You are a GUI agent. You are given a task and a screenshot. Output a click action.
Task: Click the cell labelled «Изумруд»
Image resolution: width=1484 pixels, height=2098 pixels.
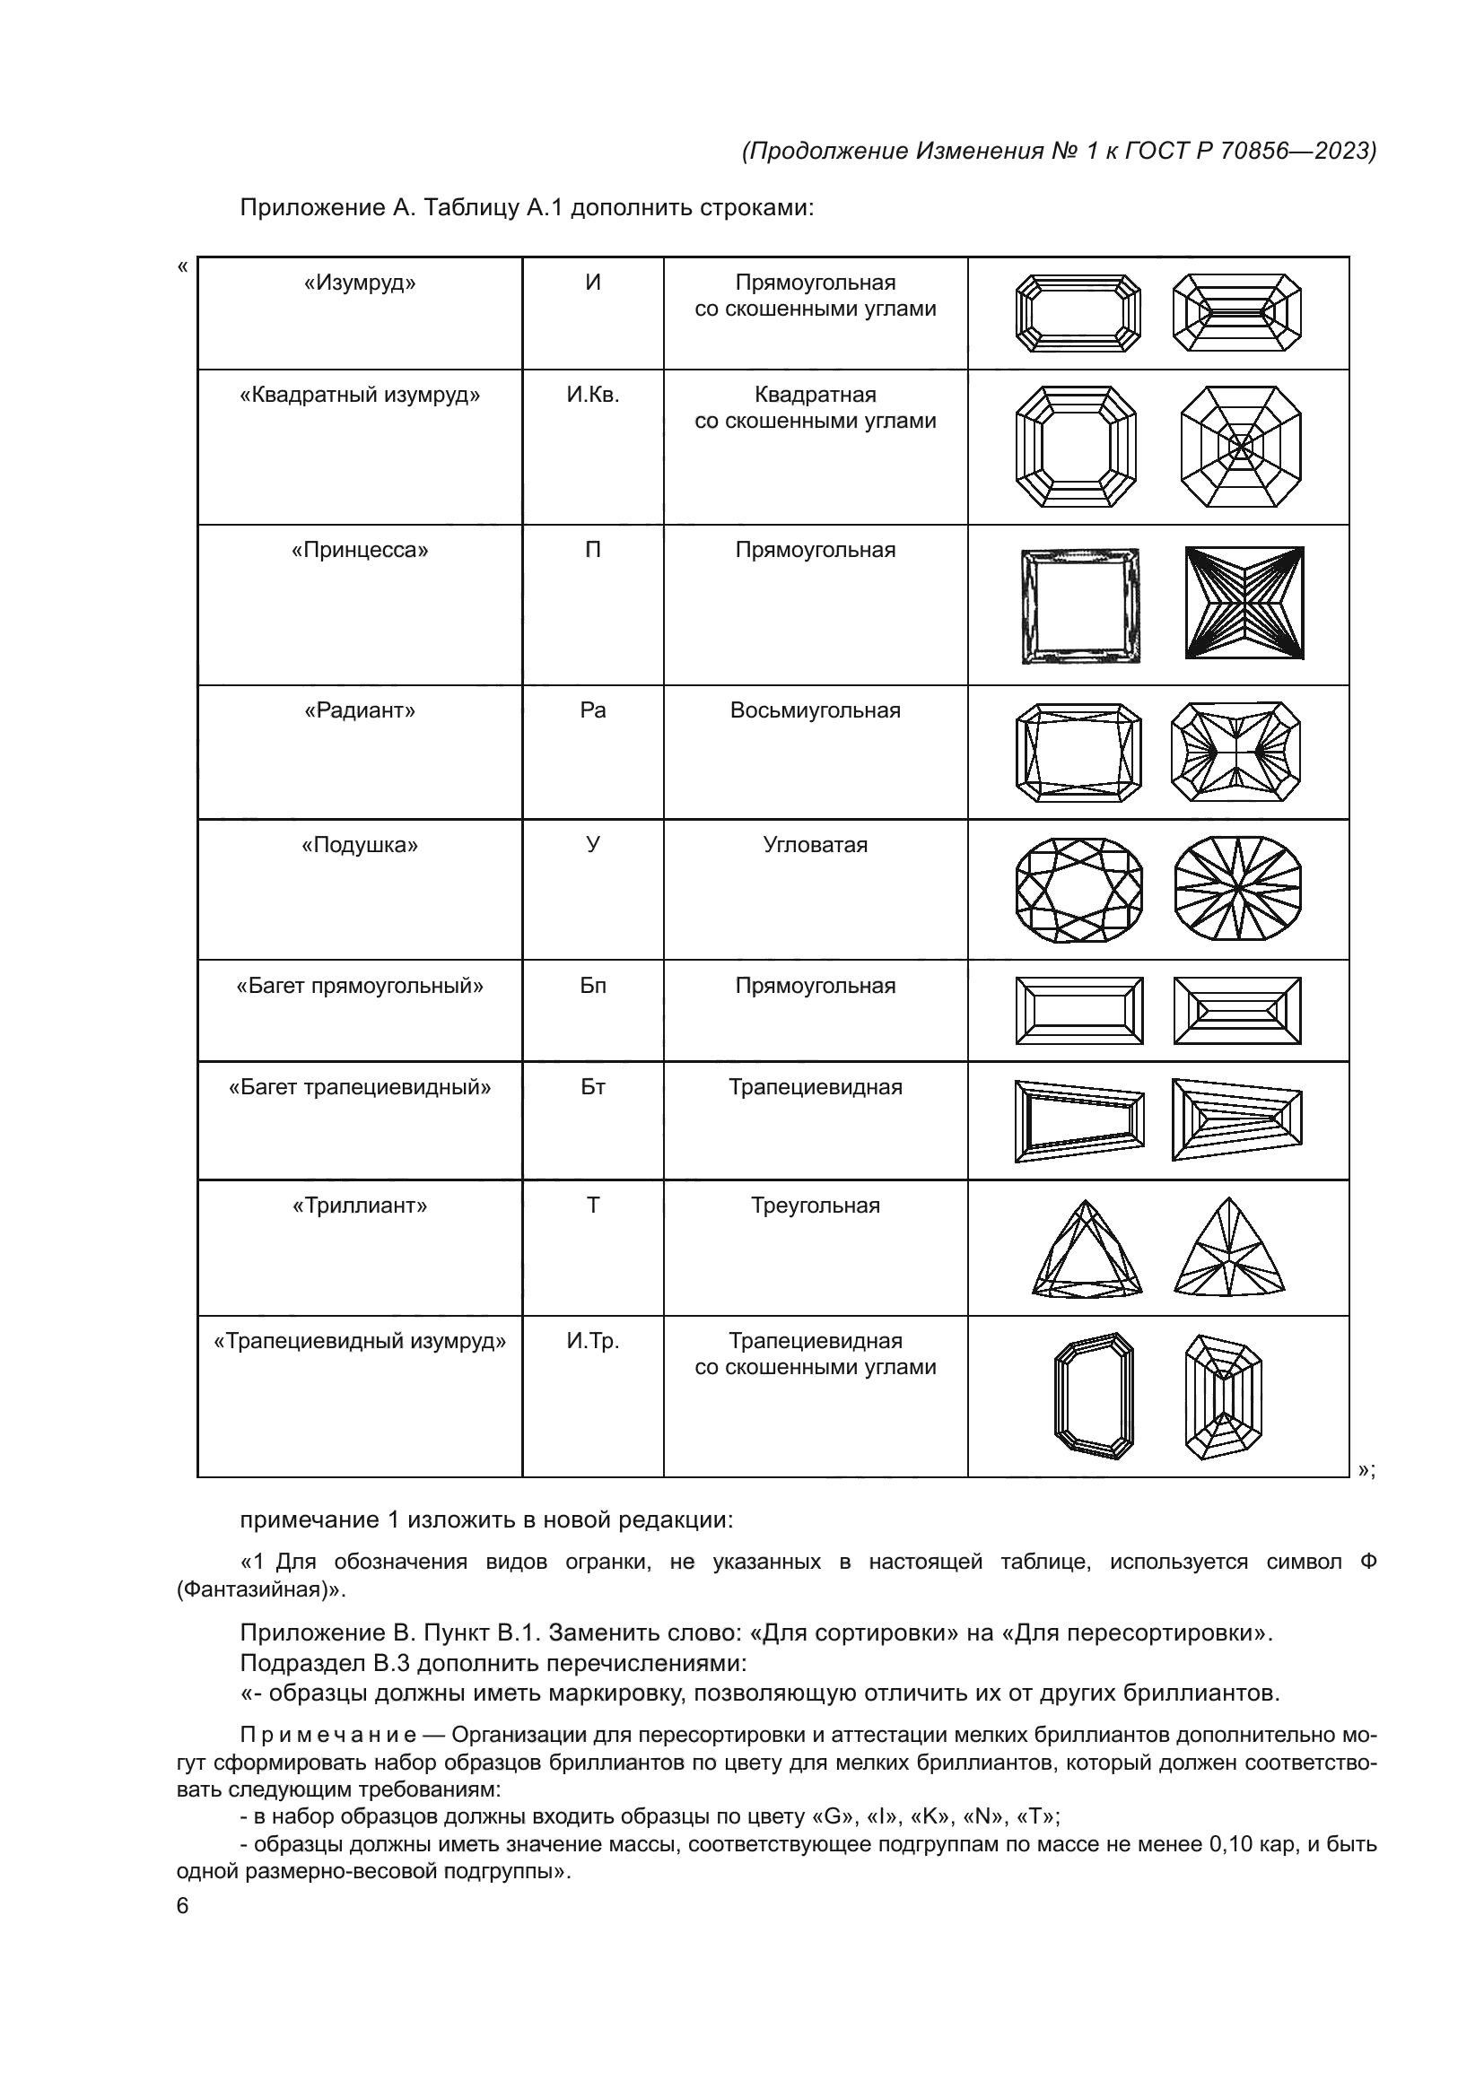(359, 283)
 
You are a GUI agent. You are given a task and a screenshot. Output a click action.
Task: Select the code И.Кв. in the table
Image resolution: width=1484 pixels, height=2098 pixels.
(592, 396)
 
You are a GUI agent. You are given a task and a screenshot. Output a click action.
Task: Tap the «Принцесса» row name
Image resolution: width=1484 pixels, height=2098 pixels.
(359, 551)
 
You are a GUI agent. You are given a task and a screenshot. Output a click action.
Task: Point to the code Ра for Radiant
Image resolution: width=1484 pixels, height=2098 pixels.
(592, 711)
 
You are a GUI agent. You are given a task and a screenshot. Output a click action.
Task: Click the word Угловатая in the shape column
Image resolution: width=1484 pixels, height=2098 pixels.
(815, 845)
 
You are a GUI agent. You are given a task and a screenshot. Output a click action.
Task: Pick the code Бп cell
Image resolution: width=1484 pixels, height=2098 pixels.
(592, 986)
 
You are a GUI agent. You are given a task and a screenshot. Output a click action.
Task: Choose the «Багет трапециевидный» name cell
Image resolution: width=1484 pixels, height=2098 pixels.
(359, 1087)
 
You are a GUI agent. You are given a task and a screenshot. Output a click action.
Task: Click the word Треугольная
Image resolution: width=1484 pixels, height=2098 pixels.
(815, 1206)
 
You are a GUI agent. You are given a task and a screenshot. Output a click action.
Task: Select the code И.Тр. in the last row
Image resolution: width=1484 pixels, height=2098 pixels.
(592, 1341)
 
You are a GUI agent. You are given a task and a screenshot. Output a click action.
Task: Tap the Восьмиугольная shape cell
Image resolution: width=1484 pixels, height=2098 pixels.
(815, 711)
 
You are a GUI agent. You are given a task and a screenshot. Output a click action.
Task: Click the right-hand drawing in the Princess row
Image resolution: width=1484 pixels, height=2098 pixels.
(1244, 603)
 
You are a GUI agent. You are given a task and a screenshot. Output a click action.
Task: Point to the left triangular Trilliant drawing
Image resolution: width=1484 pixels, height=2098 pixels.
(1087, 1249)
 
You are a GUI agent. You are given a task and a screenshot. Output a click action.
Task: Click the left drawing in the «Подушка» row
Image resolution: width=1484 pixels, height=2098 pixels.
(1079, 890)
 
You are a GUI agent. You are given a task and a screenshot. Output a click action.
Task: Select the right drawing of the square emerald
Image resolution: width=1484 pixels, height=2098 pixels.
(1241, 447)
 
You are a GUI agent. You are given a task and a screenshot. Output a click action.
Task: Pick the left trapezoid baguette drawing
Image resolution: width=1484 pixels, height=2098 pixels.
(1079, 1120)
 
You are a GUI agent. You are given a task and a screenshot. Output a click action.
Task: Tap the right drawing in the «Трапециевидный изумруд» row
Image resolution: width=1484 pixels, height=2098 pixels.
(1224, 1397)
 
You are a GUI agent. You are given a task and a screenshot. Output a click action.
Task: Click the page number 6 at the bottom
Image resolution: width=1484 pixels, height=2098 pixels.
(182, 1906)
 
